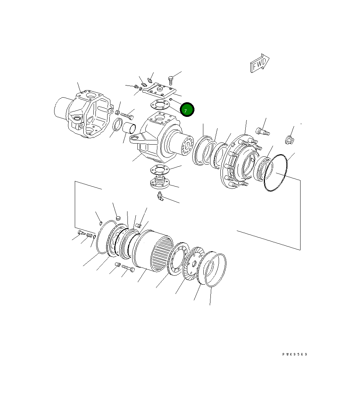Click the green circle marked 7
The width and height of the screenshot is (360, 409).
187,110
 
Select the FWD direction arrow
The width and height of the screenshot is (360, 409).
260,63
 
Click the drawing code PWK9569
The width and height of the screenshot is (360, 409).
294,354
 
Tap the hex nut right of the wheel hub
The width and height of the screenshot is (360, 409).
289,140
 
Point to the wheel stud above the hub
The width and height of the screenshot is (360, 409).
262,131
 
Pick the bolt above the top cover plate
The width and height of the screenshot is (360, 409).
171,79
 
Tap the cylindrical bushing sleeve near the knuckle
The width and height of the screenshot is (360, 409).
130,128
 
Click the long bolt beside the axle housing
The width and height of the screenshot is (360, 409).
127,115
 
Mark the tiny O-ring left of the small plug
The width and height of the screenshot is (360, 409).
101,223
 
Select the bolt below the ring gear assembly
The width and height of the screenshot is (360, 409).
129,268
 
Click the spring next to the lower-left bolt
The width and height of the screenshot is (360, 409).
89,235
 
